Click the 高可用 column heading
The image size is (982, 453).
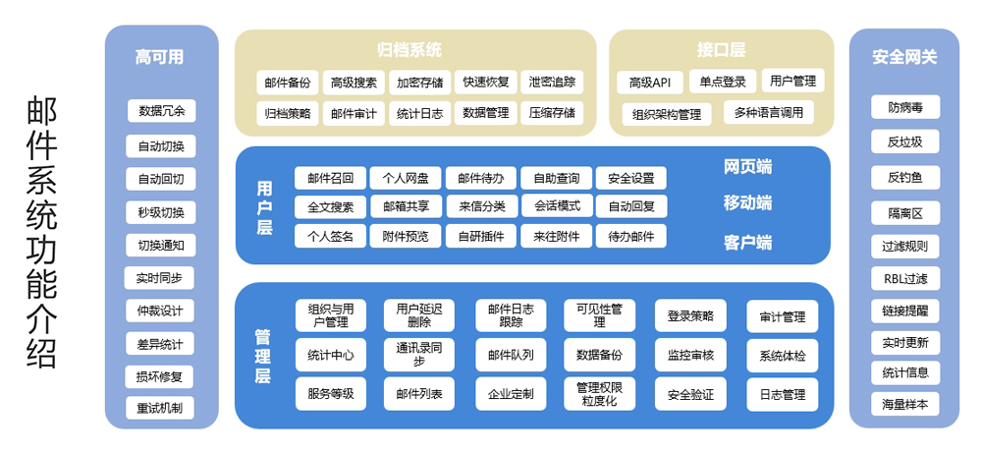(160, 57)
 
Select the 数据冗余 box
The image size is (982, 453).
(161, 110)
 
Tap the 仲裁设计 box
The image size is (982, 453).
(160, 311)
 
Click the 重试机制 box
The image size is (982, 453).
(160, 408)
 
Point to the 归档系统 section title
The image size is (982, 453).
(409, 49)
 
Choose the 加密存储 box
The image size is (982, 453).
(419, 83)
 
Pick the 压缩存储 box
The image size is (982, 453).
(551, 113)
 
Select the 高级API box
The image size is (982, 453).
(649, 83)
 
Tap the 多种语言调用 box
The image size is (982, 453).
(768, 113)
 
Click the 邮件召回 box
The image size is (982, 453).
(330, 178)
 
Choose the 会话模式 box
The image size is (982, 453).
(557, 206)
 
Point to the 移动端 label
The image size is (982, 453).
(747, 203)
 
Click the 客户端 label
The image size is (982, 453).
(747, 242)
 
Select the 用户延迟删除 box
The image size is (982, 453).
(419, 315)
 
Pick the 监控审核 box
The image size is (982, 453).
(690, 355)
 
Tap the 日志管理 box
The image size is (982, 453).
(782, 394)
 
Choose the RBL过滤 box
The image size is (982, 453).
(904, 278)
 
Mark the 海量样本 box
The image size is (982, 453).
(904, 404)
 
